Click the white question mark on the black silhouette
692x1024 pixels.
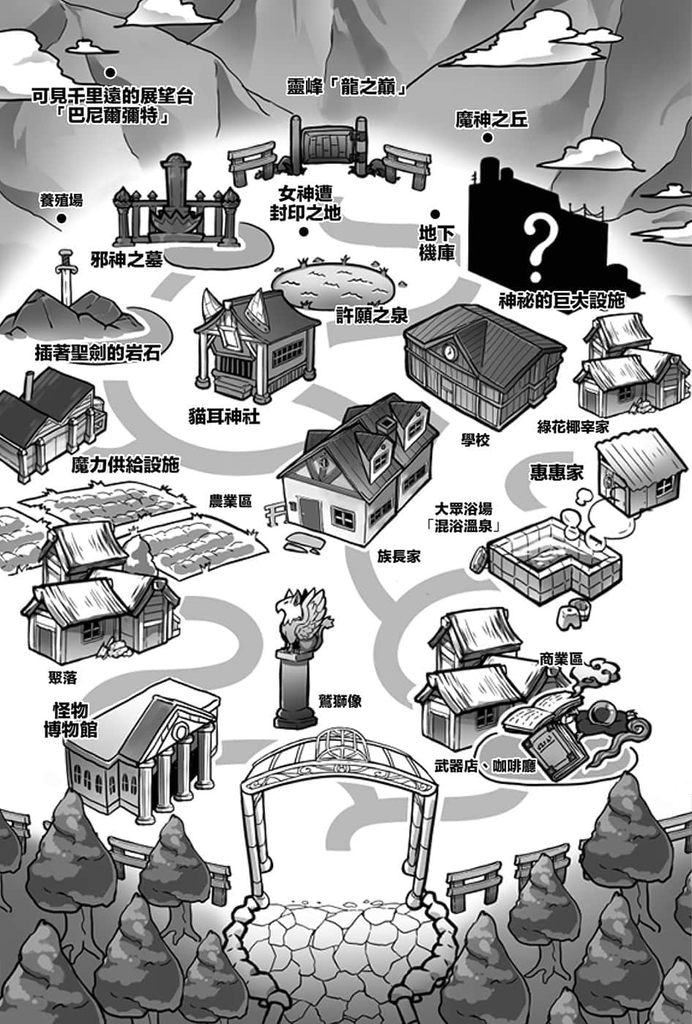(540, 248)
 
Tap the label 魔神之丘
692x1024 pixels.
(492, 120)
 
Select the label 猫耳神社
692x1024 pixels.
(224, 417)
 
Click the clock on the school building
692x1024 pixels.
(450, 351)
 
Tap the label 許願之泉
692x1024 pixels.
(372, 315)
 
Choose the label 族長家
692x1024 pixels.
(399, 557)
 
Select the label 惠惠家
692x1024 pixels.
(557, 473)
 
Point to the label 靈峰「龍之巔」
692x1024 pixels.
(347, 87)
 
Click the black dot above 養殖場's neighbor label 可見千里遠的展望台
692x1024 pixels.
(110, 72)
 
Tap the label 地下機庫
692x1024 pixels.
(437, 244)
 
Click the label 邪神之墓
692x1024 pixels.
(127, 260)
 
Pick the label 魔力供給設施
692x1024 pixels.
(125, 465)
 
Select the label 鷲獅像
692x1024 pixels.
(342, 701)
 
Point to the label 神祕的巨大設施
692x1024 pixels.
(562, 301)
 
